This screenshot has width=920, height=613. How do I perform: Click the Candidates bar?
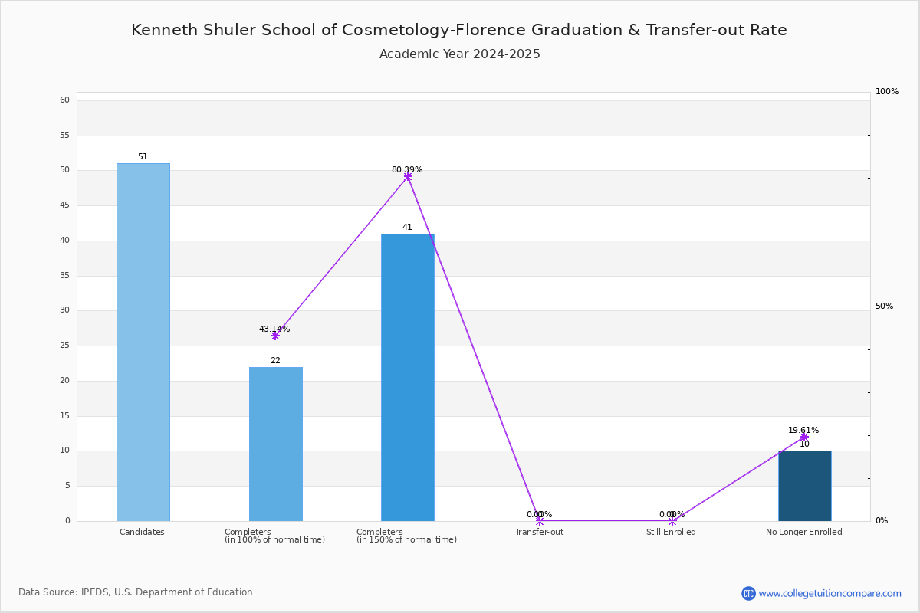click(143, 343)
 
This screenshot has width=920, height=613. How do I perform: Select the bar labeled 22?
click(276, 444)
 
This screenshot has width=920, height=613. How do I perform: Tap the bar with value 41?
click(408, 378)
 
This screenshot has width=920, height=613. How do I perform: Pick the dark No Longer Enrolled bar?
click(805, 486)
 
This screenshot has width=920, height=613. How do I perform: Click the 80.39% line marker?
click(408, 176)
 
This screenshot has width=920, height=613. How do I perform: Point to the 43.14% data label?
click(274, 329)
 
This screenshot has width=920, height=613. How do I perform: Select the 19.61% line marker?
click(804, 438)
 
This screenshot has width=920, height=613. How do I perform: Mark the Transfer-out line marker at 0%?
click(540, 521)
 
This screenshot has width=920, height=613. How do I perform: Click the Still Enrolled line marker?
click(672, 521)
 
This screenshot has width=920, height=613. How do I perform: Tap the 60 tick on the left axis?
click(65, 100)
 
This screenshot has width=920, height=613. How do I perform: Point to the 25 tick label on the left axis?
click(65, 346)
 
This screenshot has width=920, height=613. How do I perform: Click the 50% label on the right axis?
click(884, 306)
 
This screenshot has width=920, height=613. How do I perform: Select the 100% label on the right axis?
click(887, 91)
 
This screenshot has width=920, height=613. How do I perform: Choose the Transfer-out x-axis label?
click(539, 532)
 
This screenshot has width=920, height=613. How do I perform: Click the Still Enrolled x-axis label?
click(671, 532)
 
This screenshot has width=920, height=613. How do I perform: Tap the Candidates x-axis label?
click(142, 532)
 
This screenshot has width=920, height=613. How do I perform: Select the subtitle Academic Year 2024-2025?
click(459, 54)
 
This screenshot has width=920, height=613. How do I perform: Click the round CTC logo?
click(748, 593)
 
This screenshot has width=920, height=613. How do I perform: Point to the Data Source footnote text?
click(136, 592)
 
